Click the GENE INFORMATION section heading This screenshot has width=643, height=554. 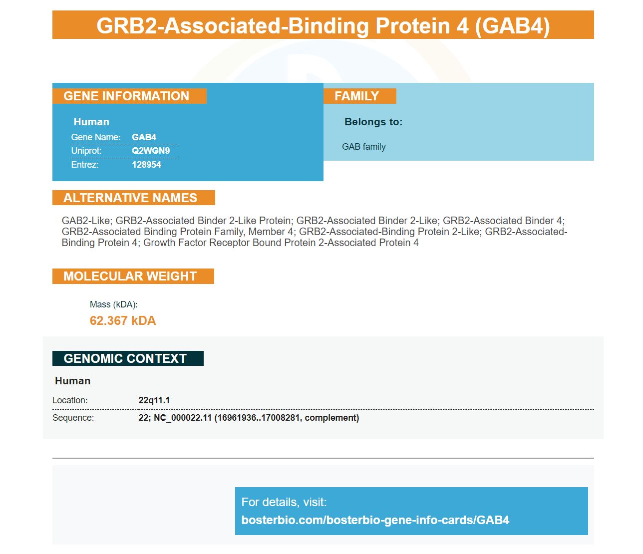[126, 96]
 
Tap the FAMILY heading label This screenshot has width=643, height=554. [356, 96]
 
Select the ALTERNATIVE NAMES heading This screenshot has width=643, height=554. [130, 198]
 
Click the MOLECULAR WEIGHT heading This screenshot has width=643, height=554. [130, 276]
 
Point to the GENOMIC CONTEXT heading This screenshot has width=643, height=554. [125, 358]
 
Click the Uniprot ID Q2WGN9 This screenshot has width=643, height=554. [151, 151]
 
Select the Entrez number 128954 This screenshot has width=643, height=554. [146, 165]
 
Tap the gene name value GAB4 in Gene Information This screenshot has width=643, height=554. [144, 137]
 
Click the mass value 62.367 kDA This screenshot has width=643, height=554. [123, 321]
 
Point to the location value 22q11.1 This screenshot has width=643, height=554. [154, 400]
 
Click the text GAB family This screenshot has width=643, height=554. [363, 147]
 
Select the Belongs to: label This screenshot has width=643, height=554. [373, 122]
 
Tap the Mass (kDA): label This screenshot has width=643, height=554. [113, 304]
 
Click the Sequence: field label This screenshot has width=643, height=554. [73, 417]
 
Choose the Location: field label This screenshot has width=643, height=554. [70, 400]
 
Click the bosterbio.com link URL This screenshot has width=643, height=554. [375, 520]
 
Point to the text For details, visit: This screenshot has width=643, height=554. [284, 502]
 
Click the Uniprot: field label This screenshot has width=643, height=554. [86, 151]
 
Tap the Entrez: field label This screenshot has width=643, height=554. [85, 165]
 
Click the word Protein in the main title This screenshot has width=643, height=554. [422, 25]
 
